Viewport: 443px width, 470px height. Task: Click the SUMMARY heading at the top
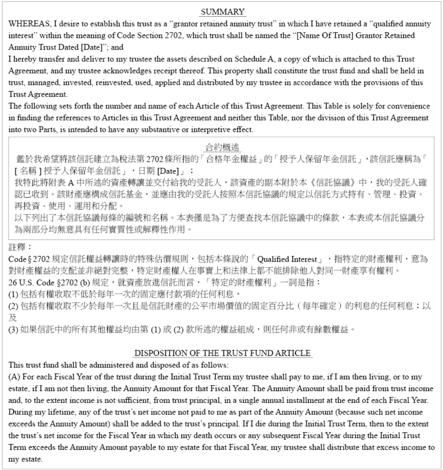[x=222, y=12]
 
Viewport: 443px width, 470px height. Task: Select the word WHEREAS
[x=29, y=24]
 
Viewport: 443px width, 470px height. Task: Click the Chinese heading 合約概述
[x=222, y=147]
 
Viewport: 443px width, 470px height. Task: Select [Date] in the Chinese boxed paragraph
[x=168, y=171]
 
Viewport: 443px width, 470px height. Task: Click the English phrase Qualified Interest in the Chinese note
[x=287, y=259]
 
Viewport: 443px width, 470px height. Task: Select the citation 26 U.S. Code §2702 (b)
[x=49, y=283]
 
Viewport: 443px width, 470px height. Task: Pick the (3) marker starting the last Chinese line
[x=13, y=330]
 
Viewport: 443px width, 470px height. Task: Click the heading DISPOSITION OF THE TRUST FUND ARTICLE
[x=222, y=353]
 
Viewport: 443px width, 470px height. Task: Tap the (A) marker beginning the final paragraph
[x=15, y=377]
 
